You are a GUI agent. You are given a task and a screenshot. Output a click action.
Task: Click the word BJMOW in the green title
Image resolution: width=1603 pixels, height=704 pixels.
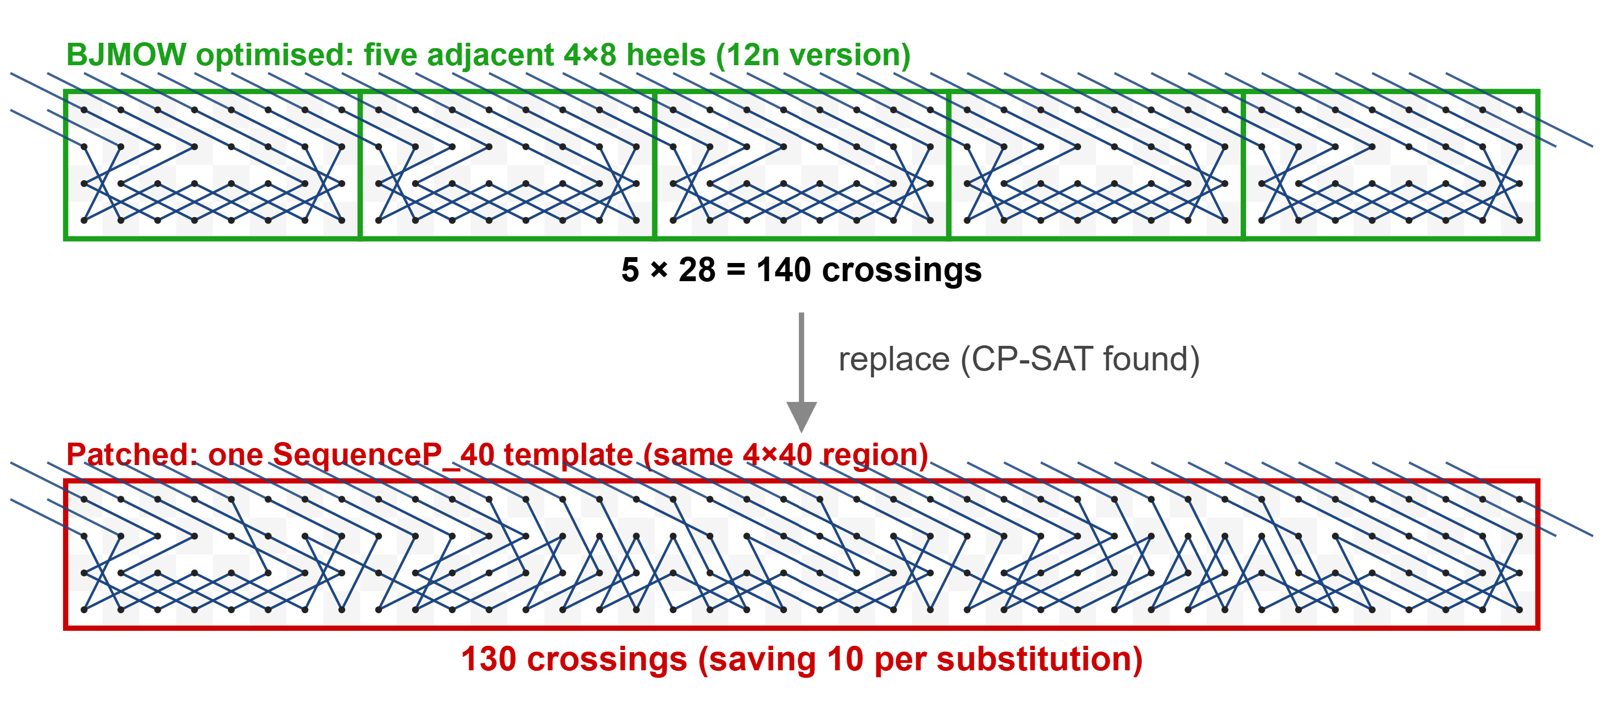click(126, 55)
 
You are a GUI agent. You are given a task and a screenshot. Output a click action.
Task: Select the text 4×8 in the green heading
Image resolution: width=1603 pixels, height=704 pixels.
click(590, 55)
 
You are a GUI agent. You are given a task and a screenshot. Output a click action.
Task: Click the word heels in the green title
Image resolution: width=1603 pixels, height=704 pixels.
click(666, 55)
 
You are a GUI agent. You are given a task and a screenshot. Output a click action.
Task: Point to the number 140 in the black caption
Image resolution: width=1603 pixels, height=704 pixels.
click(783, 270)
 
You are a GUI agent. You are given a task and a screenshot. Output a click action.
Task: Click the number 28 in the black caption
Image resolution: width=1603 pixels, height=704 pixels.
click(697, 270)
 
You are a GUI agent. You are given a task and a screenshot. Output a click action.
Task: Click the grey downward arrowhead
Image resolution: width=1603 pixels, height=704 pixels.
click(801, 416)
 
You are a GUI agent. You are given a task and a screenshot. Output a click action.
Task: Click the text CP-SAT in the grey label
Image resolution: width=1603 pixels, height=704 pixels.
click(1031, 359)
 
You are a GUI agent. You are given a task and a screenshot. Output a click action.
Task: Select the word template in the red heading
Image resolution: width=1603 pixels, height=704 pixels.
click(568, 455)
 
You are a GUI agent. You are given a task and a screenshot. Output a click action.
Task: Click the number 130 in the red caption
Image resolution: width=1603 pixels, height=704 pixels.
click(488, 659)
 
